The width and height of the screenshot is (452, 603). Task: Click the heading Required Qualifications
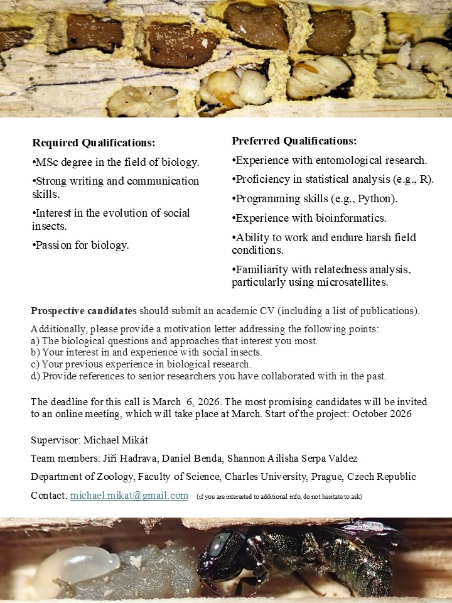click(x=94, y=143)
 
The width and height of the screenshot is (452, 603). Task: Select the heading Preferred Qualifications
click(x=294, y=141)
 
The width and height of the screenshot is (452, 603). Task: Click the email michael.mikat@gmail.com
click(x=129, y=496)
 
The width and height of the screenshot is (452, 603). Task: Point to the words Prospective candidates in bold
click(x=83, y=311)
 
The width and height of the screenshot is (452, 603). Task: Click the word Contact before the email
click(x=48, y=496)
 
